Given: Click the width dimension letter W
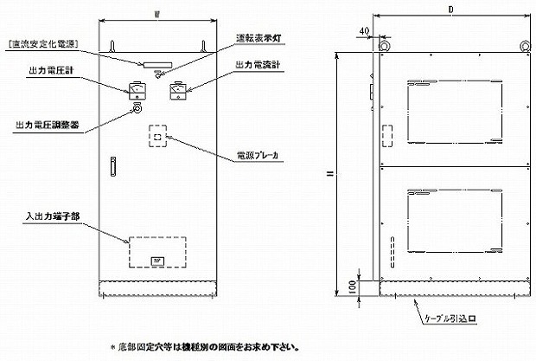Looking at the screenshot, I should tap(153, 13).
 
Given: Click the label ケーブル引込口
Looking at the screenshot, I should tap(449, 319).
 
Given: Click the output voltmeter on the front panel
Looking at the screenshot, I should tap(135, 87).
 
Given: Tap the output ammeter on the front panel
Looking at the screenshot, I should tap(178, 87).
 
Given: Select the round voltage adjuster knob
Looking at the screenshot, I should tap(135, 109).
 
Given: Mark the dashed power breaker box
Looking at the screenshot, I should tap(156, 137).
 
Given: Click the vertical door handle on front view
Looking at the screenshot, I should tap(111, 165).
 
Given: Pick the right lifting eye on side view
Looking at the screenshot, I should tap(523, 46).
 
